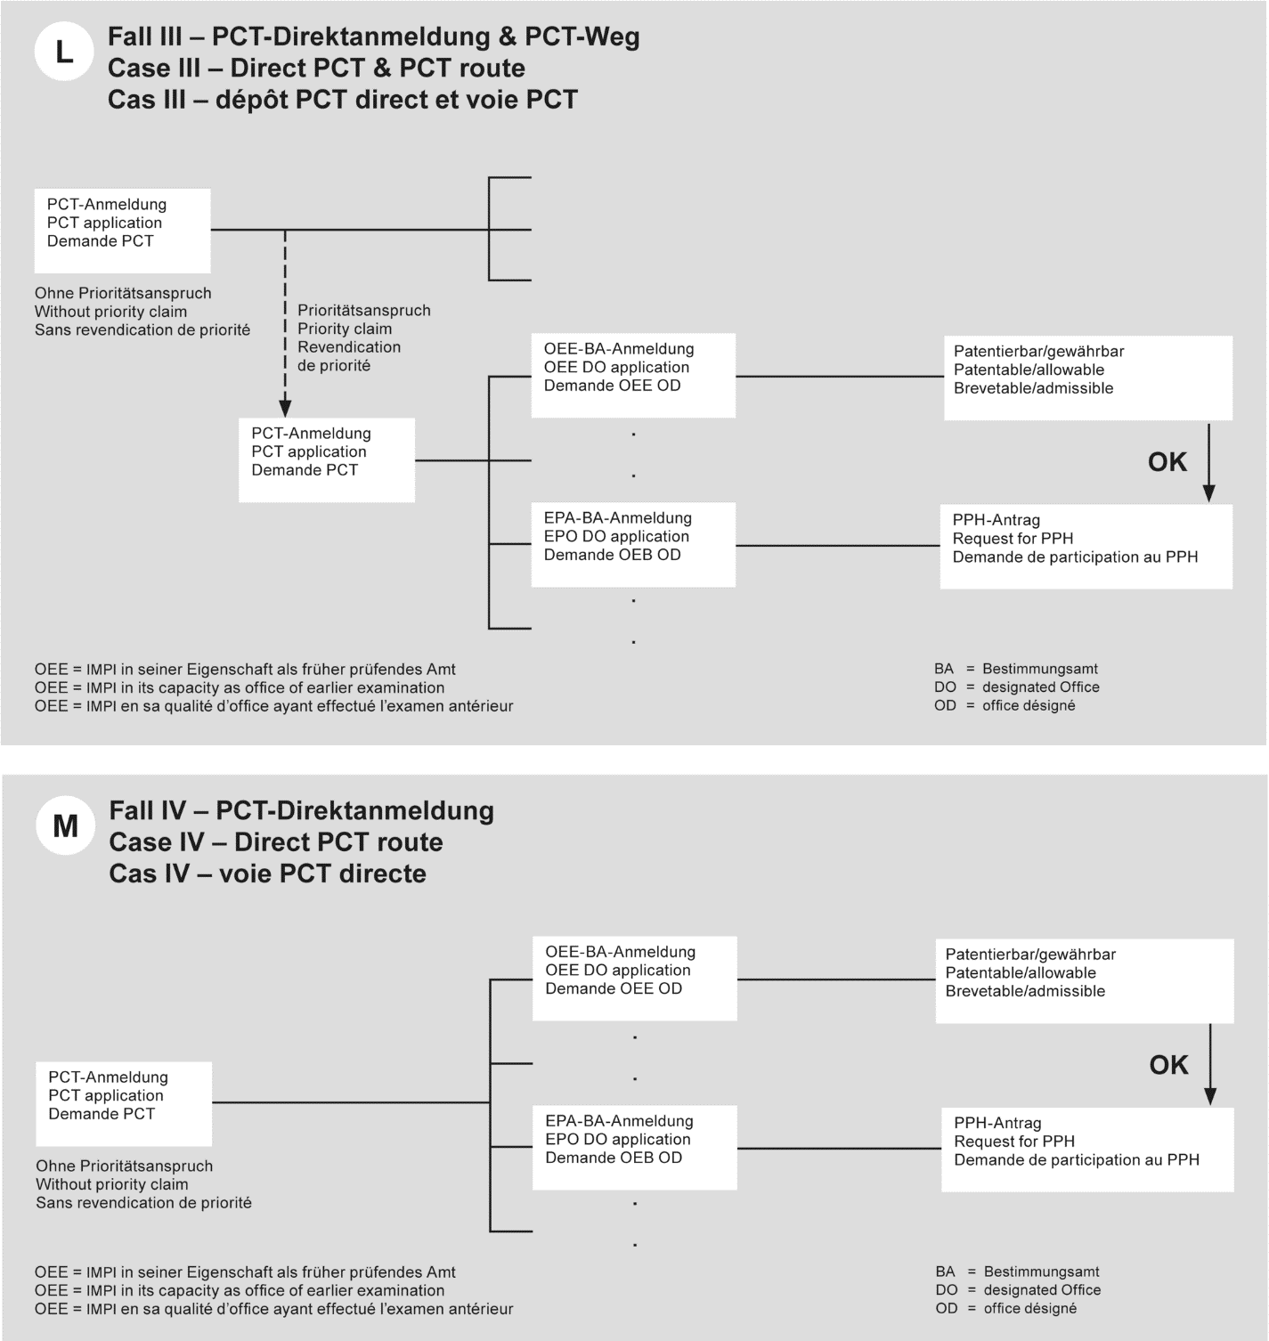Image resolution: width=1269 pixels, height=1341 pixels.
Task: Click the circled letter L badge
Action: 63,53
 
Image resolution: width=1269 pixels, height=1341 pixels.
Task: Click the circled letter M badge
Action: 65,826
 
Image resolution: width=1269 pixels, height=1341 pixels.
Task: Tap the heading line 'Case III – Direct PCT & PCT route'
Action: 316,68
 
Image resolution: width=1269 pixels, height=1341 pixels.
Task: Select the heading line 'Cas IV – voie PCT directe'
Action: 267,873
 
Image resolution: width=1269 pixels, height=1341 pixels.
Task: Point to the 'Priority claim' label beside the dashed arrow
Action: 345,329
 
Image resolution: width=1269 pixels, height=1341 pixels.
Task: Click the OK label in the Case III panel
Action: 1167,462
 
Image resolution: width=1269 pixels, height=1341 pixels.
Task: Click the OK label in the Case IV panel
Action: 1168,1065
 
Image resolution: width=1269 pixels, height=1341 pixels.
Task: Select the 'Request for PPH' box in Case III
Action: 1086,546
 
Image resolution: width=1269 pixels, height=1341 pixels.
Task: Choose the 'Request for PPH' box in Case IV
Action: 1087,1149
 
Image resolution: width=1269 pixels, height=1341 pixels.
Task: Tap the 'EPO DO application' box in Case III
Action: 633,544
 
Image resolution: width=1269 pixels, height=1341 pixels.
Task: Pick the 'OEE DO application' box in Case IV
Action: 634,978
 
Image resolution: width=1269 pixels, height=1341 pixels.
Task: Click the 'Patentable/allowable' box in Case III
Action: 1087,378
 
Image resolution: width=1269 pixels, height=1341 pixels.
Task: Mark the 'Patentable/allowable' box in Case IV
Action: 1084,980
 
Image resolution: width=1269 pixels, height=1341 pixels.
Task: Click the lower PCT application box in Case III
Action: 327,459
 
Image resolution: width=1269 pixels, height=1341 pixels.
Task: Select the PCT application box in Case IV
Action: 124,1103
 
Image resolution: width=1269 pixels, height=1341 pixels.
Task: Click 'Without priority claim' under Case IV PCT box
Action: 112,1184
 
